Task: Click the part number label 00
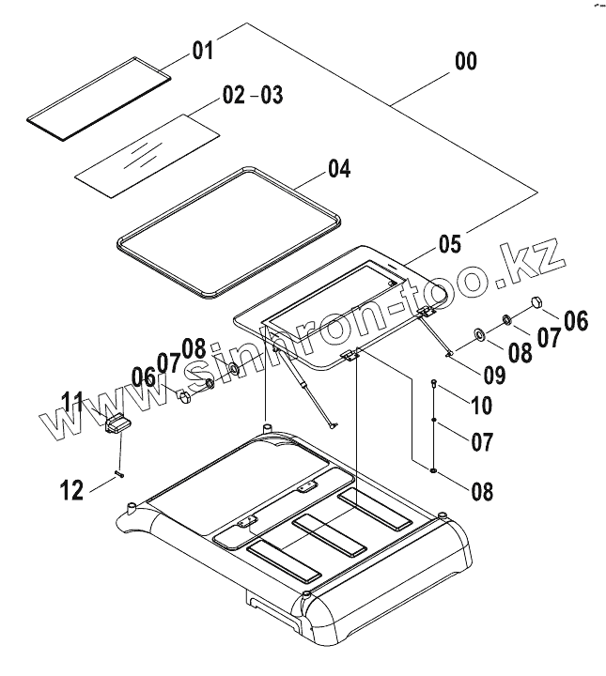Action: click(x=464, y=62)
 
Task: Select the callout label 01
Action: click(x=204, y=50)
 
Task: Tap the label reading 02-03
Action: click(x=252, y=96)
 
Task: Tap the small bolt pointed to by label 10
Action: click(x=434, y=383)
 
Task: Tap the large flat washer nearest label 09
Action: click(x=477, y=331)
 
